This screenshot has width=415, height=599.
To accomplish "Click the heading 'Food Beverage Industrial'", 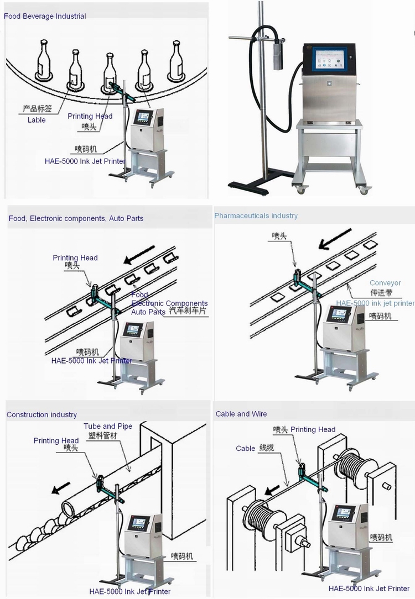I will pyautogui.click(x=45, y=17).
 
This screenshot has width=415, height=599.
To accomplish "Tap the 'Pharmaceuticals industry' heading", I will pyautogui.click(x=256, y=216).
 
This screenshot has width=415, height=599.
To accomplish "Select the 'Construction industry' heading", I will pyautogui.click(x=41, y=414).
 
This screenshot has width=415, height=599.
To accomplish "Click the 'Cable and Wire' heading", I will pyautogui.click(x=241, y=414).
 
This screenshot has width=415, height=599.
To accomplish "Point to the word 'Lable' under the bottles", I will pyautogui.click(x=37, y=120).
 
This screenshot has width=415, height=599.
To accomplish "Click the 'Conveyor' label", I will pyautogui.click(x=385, y=283).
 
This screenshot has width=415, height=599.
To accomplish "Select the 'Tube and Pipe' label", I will pyautogui.click(x=108, y=426).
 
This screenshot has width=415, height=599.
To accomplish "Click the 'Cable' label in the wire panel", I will pyautogui.click(x=245, y=448).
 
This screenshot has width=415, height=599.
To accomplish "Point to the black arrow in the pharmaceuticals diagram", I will pyautogui.click(x=335, y=237).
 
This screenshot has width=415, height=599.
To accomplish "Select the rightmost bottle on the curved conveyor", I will pyautogui.click(x=177, y=60).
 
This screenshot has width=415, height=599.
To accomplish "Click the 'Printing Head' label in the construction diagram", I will pyautogui.click(x=56, y=440).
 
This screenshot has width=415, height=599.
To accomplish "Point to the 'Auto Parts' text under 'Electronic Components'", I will pyautogui.click(x=148, y=312).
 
